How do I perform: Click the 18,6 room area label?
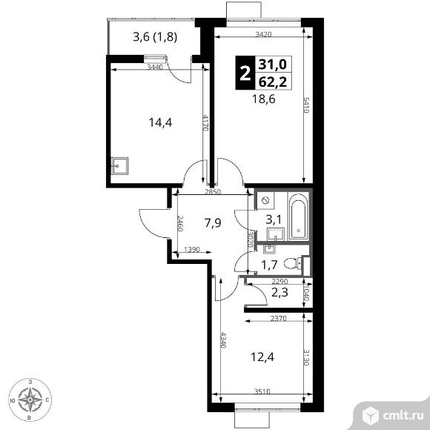(x=263, y=99)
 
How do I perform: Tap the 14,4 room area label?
(x=160, y=122)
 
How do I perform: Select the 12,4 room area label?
(x=262, y=357)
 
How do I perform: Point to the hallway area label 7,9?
(x=213, y=223)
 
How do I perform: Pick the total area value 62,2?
(x=273, y=82)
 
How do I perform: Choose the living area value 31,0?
(x=273, y=64)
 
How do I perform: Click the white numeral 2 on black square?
(x=245, y=73)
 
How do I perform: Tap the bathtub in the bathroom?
(x=298, y=216)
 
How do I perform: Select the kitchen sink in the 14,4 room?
(x=120, y=166)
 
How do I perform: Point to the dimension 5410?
(x=306, y=105)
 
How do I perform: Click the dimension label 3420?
(x=263, y=34)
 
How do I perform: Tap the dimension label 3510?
(x=262, y=391)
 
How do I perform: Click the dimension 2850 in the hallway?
(x=213, y=192)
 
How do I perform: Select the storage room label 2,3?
(x=279, y=293)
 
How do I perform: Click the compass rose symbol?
(x=30, y=400)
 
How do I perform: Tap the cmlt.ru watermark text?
(x=403, y=416)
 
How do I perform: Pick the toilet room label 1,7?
(x=270, y=265)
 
